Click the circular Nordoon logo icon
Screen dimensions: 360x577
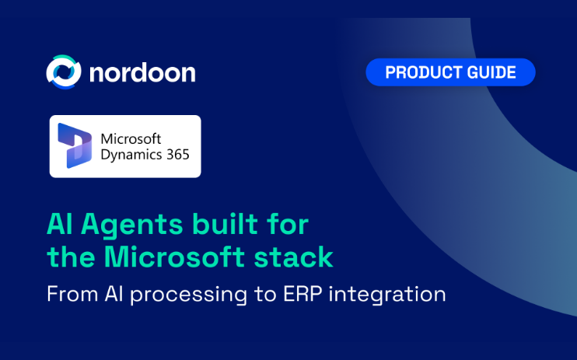64,72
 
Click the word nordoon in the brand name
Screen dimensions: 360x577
142,72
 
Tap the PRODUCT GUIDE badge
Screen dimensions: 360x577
450,72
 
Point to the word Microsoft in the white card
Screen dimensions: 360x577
131,138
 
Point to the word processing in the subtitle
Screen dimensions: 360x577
188,295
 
